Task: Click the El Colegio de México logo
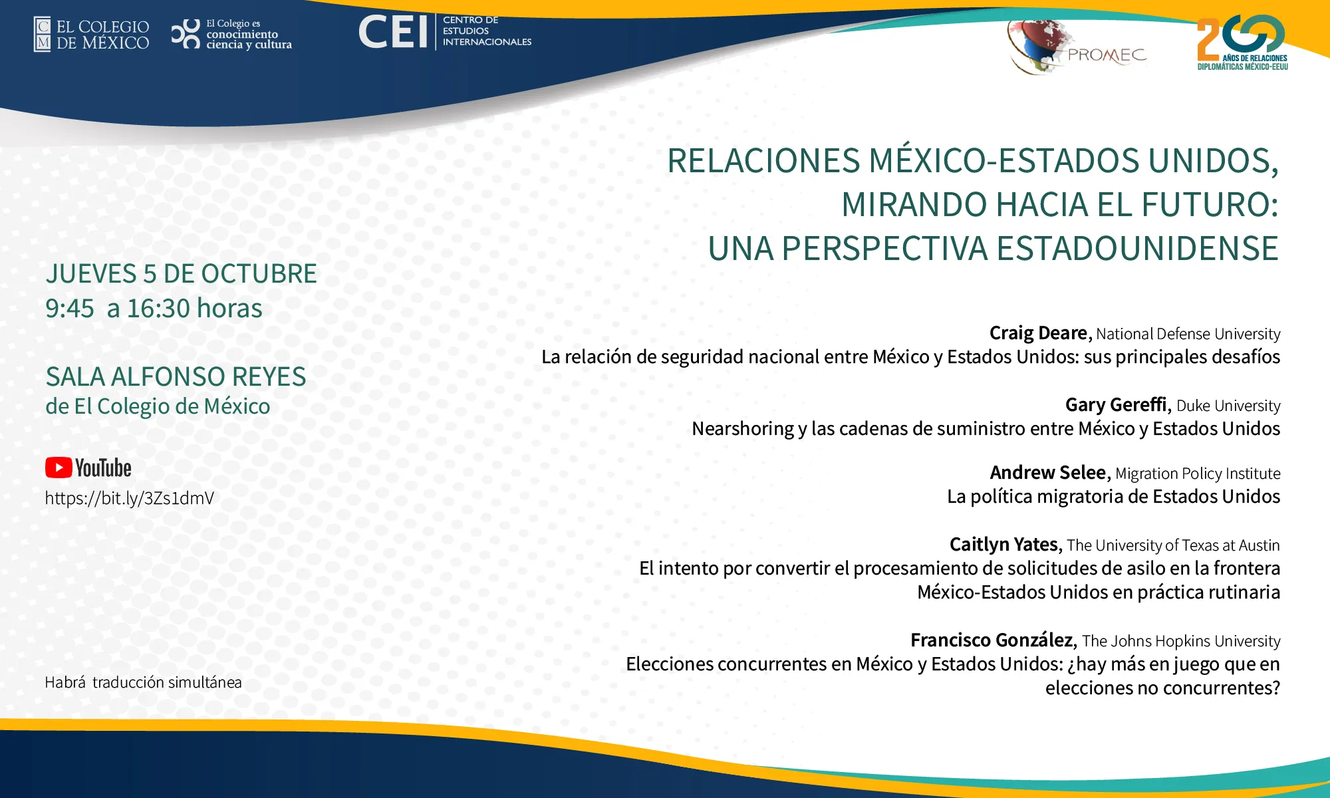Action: [x=92, y=35]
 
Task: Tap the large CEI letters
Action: [x=393, y=32]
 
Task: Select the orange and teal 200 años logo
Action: [x=1242, y=42]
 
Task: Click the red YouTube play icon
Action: [x=59, y=467]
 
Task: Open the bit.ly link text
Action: [x=130, y=498]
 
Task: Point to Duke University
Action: [x=1228, y=406]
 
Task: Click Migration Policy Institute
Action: [x=1198, y=473]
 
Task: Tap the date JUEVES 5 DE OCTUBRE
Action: [x=181, y=274]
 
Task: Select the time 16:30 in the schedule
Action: [x=159, y=309]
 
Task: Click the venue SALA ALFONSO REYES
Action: [x=176, y=377]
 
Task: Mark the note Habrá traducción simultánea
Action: [x=143, y=682]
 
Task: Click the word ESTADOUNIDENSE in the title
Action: [x=1137, y=249]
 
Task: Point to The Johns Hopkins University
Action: [x=1181, y=641]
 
